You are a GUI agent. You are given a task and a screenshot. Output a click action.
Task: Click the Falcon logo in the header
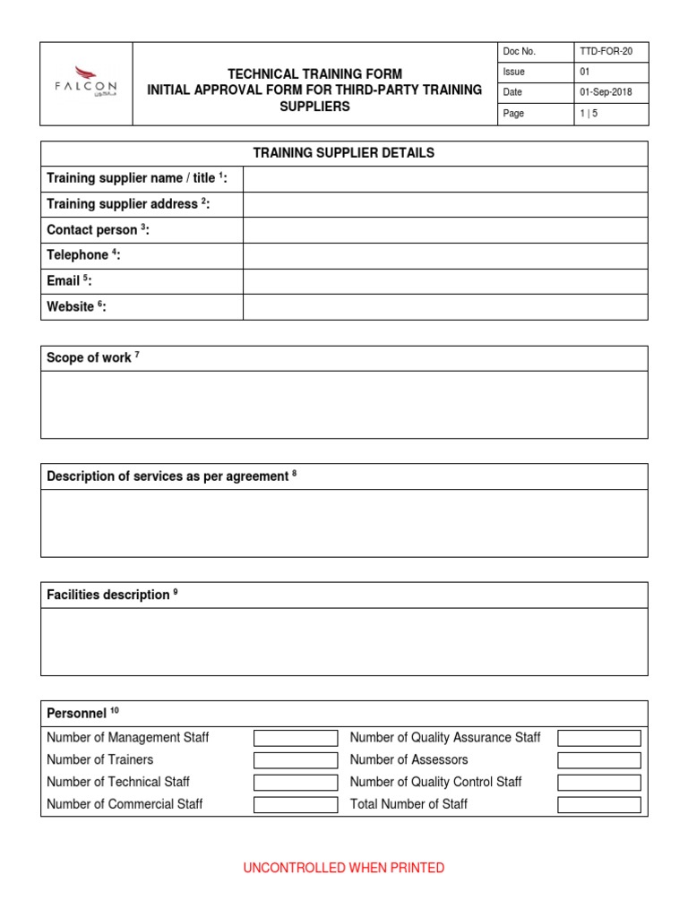pos(86,83)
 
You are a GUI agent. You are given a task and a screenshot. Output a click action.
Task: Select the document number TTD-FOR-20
pos(607,52)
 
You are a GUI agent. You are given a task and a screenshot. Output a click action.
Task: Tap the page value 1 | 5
pos(590,114)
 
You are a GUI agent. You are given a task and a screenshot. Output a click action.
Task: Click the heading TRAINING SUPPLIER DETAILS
pos(343,153)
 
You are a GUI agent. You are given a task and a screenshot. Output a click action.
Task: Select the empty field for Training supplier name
pos(445,179)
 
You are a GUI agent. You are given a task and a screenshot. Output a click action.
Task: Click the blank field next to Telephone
pos(445,256)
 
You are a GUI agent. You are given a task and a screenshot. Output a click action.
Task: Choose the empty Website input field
pos(445,307)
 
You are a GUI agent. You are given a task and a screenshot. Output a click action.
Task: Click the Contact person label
pos(98,230)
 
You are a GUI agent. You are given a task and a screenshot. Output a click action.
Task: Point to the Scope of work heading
pos(92,358)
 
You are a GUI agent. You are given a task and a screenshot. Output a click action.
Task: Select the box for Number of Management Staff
pos(296,739)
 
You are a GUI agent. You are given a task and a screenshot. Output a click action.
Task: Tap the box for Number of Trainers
pos(296,760)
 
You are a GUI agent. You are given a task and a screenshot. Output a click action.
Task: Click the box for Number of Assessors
pos(598,760)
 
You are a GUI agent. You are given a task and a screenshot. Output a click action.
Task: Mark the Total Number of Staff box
pos(598,805)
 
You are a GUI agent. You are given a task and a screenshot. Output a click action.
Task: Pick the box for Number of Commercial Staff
pos(296,805)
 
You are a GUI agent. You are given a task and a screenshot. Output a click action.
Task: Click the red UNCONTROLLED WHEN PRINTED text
pos(344,868)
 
